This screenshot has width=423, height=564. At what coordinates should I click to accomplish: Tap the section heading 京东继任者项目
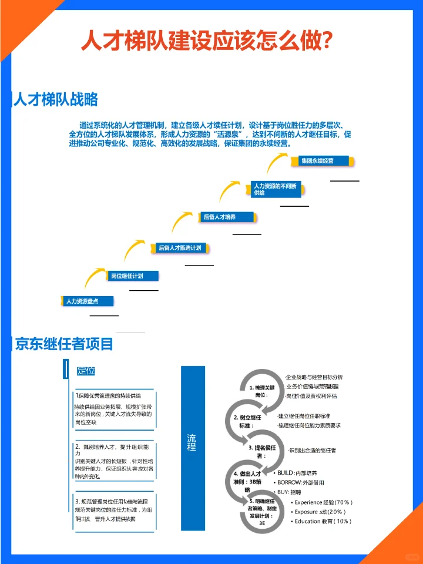click(x=63, y=344)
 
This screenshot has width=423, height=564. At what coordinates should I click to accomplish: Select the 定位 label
click(x=86, y=371)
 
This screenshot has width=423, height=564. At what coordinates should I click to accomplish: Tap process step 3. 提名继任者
click(x=258, y=451)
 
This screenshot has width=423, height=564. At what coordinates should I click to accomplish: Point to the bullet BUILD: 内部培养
click(x=300, y=472)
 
